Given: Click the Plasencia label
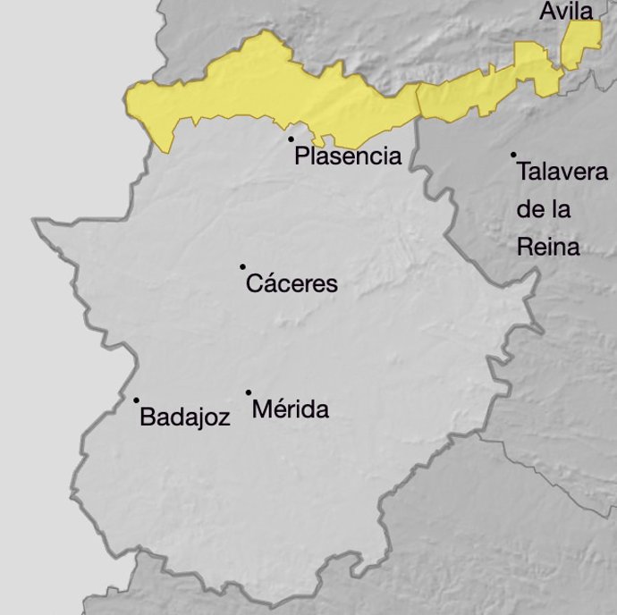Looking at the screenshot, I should [348, 157].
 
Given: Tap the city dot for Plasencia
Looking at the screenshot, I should [291, 139].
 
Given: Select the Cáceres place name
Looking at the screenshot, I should [292, 284].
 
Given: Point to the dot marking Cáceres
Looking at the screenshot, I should [242, 266].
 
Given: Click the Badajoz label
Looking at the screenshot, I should [185, 417].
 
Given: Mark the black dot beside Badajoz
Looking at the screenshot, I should [136, 400].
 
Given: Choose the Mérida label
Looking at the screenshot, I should [291, 410].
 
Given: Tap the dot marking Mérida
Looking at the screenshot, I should [249, 392].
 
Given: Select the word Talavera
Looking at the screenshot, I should [562, 172].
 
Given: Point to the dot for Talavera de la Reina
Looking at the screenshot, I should [513, 155].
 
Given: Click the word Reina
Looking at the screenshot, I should [548, 247].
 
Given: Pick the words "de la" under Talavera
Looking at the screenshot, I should [544, 210].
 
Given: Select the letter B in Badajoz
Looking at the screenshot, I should [148, 417].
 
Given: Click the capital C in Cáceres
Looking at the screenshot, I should [254, 284].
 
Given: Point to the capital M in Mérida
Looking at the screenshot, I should [262, 410].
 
